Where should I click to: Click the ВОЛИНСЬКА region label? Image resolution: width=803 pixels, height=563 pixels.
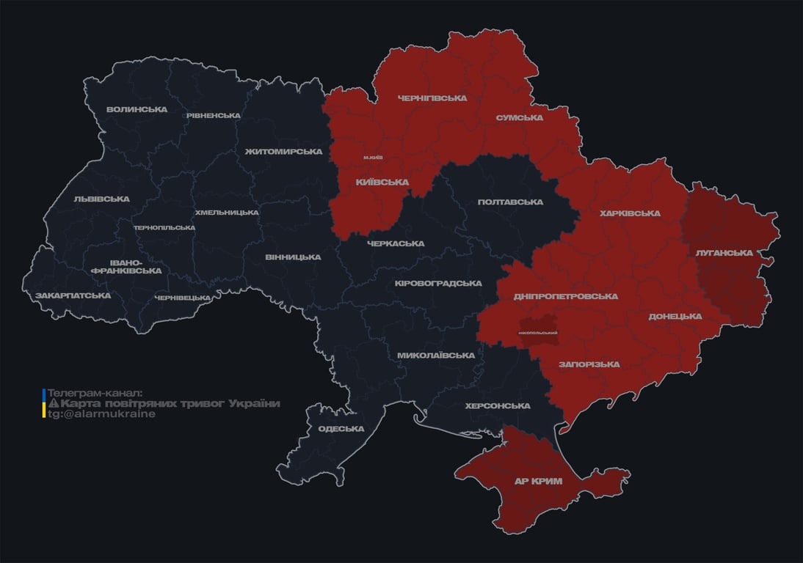point(137,110)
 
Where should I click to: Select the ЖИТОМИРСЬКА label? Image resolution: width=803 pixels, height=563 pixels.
point(283,152)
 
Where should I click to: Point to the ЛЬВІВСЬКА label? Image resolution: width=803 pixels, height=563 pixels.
point(102,199)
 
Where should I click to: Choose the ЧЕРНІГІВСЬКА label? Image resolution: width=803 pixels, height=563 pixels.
point(432,98)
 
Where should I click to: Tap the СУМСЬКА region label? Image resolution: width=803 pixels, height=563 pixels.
point(519,118)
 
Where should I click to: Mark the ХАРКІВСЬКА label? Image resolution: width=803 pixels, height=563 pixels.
point(630,214)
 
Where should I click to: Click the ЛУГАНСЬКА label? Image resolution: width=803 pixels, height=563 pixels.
point(724,253)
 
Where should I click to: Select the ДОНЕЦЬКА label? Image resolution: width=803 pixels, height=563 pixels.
point(675,317)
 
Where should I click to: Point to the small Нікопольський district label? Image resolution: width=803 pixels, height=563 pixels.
point(538,333)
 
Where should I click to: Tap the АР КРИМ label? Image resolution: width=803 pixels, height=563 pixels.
point(538,482)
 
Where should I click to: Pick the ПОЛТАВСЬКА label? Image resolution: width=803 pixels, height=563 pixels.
point(510,202)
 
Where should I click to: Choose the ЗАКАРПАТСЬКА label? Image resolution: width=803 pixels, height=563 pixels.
point(73,296)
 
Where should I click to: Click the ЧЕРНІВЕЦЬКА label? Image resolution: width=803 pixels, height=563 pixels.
point(183,298)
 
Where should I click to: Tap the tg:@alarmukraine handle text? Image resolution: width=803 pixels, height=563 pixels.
point(102,414)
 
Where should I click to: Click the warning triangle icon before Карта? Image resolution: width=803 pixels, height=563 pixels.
point(53,404)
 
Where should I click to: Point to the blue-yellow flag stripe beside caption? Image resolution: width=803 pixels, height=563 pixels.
point(44,403)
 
